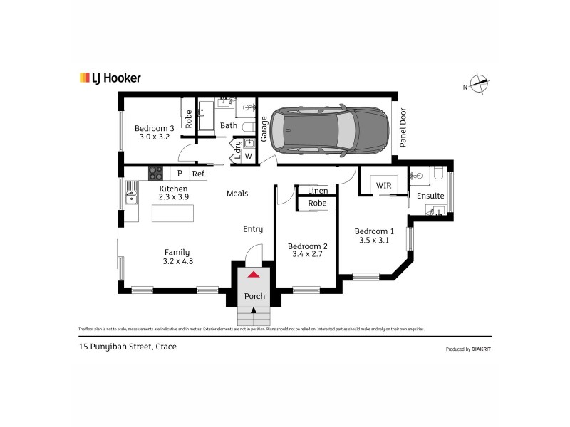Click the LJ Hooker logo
click(109, 78)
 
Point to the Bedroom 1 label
click(374, 231)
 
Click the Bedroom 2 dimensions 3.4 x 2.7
click(306, 255)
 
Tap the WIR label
click(384, 186)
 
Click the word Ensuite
click(430, 196)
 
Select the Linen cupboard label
click(318, 191)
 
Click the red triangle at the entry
click(254, 274)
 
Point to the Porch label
click(254, 296)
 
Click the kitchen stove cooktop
click(155, 173)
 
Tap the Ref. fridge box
click(198, 173)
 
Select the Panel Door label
click(403, 127)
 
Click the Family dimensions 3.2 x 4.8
click(178, 261)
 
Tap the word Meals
click(237, 193)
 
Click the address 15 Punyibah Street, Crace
click(127, 347)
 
